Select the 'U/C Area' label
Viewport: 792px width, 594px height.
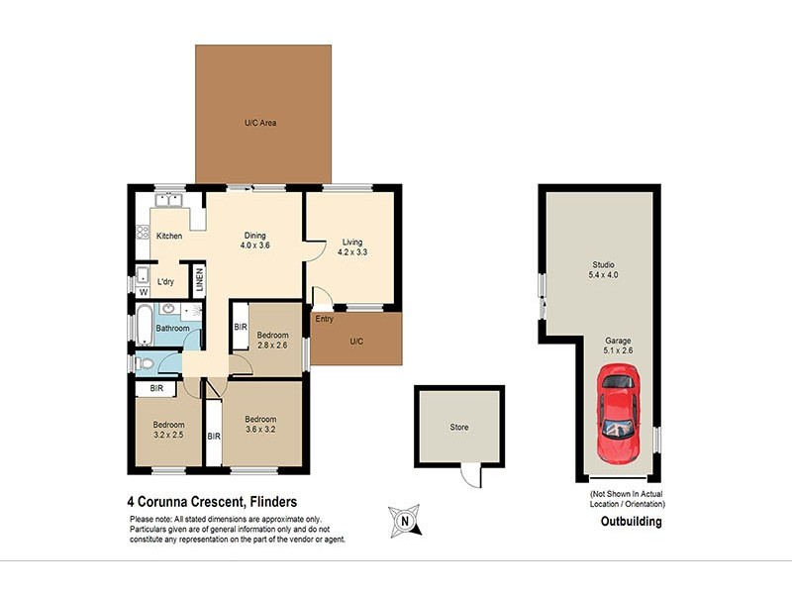click(260, 123)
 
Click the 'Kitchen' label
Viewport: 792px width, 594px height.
click(169, 237)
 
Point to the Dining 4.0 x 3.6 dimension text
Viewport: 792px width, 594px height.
click(255, 245)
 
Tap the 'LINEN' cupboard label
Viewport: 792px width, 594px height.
click(198, 280)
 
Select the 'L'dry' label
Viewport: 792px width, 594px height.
click(166, 281)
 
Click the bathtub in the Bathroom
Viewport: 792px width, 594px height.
click(147, 326)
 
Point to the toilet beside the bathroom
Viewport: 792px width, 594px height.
click(146, 363)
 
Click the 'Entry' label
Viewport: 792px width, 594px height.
click(325, 319)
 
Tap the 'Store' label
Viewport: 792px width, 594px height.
click(459, 428)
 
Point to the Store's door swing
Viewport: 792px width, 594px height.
click(472, 476)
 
